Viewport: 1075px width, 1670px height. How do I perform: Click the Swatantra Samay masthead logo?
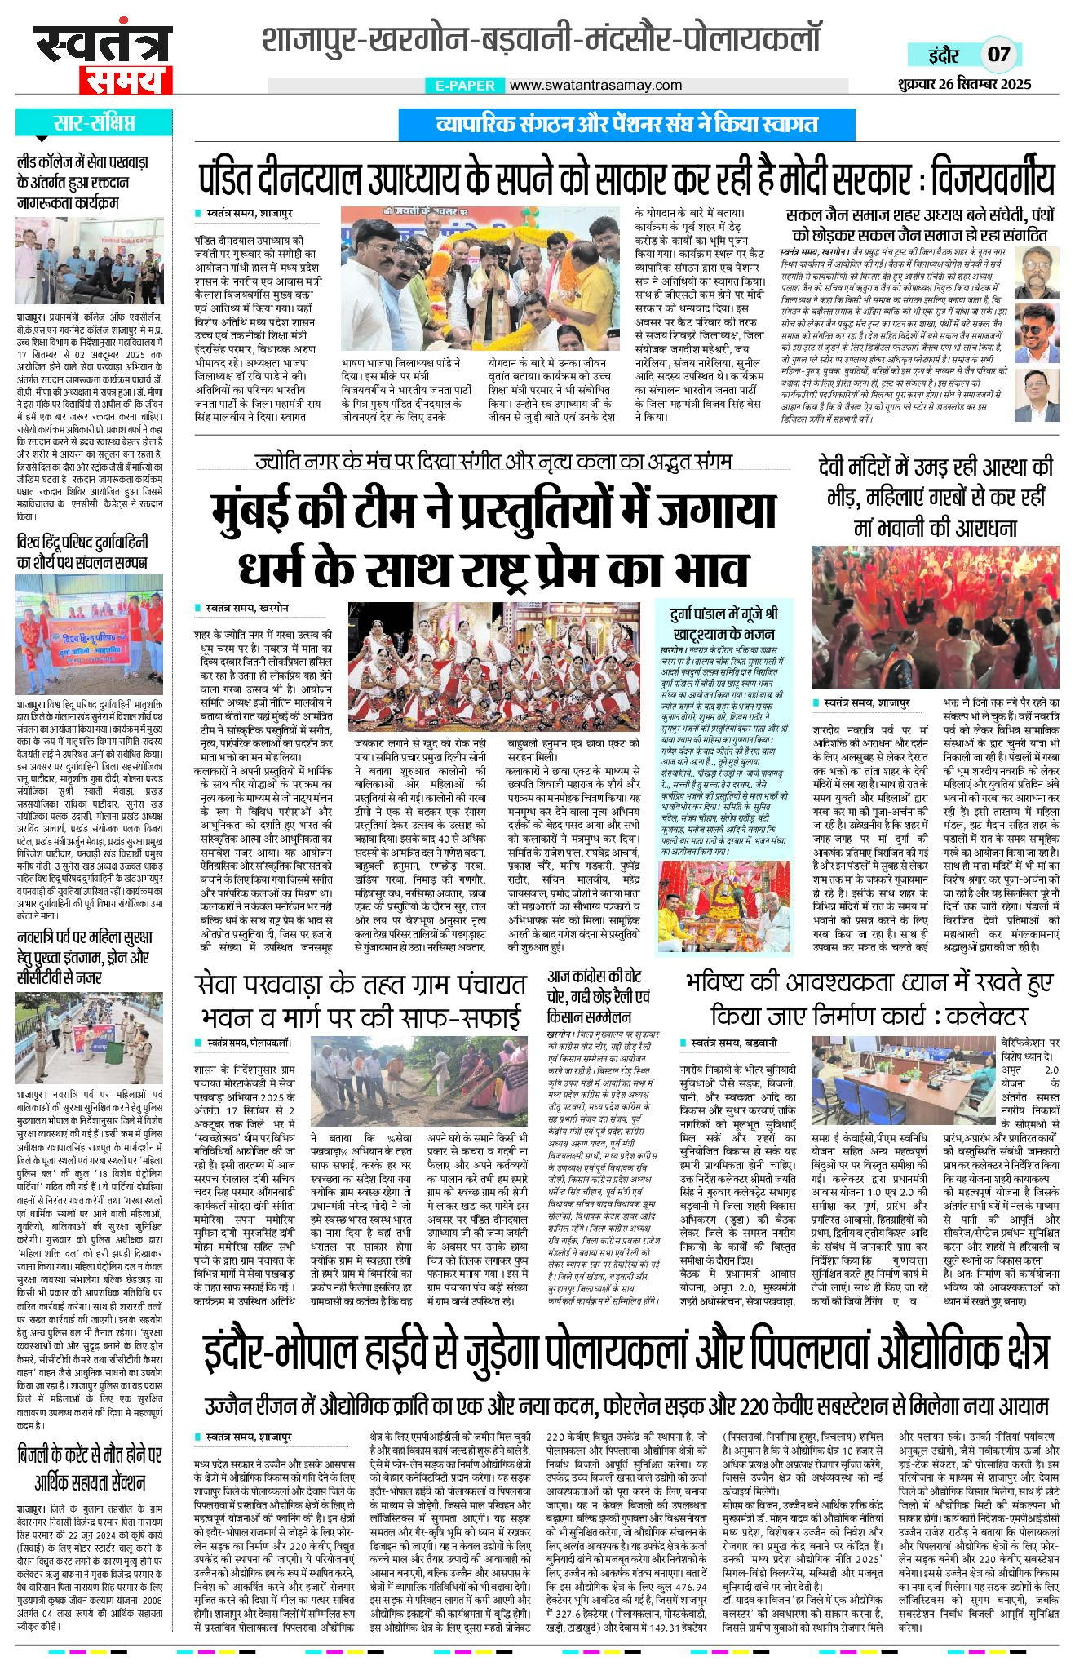tap(103, 58)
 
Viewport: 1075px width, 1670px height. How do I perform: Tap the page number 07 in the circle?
tap(998, 55)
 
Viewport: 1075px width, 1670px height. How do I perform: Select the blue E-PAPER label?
tap(465, 85)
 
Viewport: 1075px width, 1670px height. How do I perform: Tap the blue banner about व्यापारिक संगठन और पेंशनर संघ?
tap(626, 125)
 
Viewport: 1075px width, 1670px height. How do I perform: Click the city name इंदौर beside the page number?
tap(943, 55)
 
